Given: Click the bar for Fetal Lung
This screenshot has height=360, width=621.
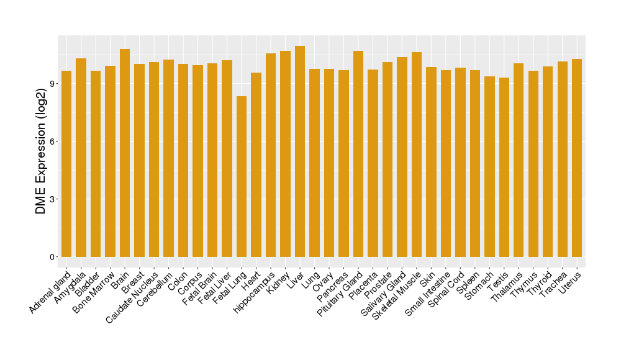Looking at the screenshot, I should [242, 176].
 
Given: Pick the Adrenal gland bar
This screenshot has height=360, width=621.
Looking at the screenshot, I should [66, 164].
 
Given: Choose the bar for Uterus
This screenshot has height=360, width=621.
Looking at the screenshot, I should [577, 158].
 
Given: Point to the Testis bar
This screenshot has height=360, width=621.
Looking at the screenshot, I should [504, 167].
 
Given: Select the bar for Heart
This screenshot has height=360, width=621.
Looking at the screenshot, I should [256, 164].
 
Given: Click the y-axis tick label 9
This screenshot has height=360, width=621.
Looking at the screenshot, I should [54, 84].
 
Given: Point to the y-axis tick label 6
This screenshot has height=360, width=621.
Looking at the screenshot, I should [54, 142].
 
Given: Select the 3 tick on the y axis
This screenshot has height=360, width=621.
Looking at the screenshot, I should [54, 199].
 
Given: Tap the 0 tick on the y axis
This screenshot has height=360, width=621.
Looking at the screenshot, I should [54, 257].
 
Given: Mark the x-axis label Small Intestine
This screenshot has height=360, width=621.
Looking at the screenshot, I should [428, 293].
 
